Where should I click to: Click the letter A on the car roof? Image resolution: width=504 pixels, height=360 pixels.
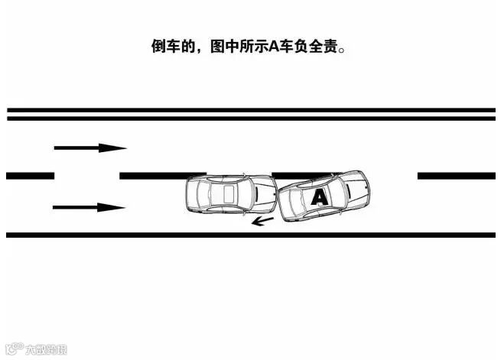pyautogui.click(x=320, y=197)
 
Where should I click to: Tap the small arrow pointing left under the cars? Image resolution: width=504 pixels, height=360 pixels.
pyautogui.click(x=263, y=222)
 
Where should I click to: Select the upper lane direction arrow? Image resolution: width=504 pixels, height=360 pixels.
pyautogui.click(x=89, y=148)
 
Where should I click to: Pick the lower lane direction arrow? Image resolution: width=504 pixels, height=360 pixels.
pyautogui.click(x=89, y=207)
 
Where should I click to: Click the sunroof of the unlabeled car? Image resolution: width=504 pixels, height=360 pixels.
pyautogui.click(x=228, y=193)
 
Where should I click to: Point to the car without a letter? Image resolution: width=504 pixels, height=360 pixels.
pyautogui.click(x=230, y=194)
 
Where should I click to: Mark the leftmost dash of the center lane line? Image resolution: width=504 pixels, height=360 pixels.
pyautogui.click(x=30, y=176)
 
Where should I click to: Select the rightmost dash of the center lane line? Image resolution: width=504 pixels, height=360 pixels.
pyautogui.click(x=456, y=176)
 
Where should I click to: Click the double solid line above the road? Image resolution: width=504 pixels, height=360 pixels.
pyautogui.click(x=252, y=114)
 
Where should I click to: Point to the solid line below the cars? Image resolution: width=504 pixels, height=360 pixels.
pyautogui.click(x=252, y=235)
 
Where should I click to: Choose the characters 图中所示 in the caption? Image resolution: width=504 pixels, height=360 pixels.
pyautogui.click(x=238, y=46)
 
